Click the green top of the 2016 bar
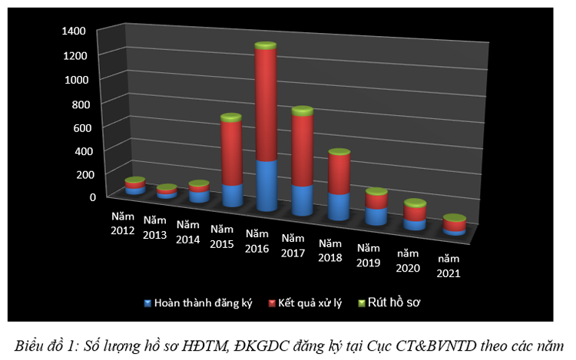click(x=266, y=47)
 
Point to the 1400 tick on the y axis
click(x=80, y=31)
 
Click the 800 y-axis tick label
click(x=84, y=103)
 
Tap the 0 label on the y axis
click(x=92, y=197)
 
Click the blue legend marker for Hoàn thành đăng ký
click(x=147, y=302)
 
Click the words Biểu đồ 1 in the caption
click(x=46, y=345)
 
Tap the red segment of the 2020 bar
click(x=415, y=213)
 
